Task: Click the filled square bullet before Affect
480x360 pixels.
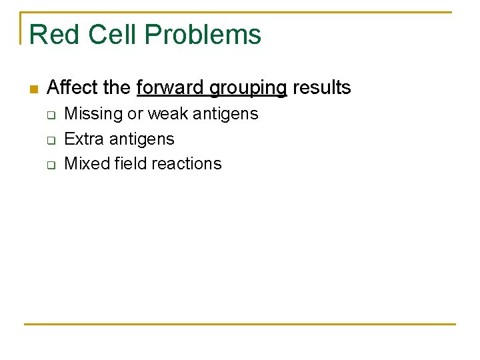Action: [x=34, y=89]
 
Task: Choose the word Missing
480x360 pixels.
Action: [x=93, y=114]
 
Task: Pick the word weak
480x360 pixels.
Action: [x=168, y=114]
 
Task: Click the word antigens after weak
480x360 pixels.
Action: [x=225, y=115]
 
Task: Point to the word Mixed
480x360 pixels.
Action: [x=84, y=163]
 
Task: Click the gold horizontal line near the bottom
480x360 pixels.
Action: [x=240, y=324]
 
